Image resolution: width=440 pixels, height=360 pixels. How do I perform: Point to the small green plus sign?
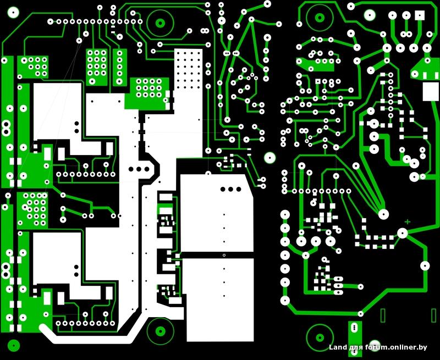tap(408, 222)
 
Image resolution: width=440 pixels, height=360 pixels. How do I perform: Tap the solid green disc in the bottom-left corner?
tap(13, 345)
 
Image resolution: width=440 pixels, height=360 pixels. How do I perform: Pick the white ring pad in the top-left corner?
tap(13, 12)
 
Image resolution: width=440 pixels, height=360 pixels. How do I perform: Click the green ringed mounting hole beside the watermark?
tap(320, 337)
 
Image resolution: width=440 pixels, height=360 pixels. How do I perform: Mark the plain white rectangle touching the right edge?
tap(431, 91)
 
